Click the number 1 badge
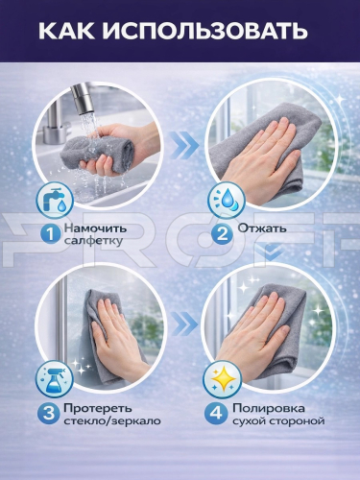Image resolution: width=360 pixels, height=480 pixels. (x=49, y=232)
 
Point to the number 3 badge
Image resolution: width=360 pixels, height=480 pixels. (x=49, y=414)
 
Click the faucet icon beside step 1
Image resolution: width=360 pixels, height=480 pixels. (x=53, y=201)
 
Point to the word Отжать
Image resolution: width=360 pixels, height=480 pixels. (x=259, y=232)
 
